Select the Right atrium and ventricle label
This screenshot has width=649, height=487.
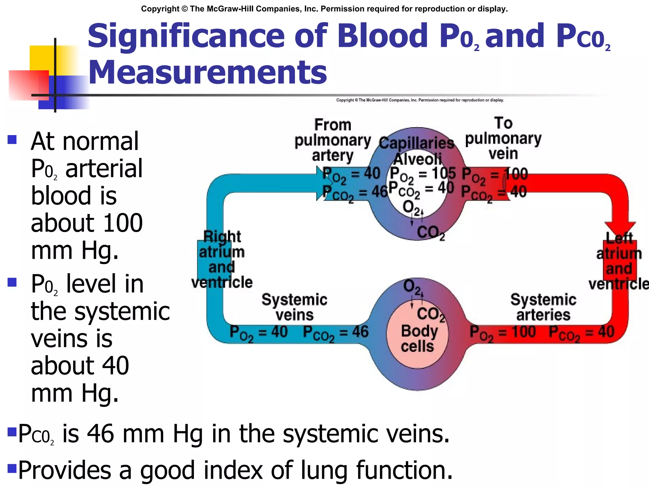(222, 259)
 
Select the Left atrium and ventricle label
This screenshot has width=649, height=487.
(619, 261)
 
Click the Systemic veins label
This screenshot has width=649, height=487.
(294, 307)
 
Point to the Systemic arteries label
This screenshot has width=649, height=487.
(543, 307)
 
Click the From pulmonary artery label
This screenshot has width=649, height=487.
(332, 140)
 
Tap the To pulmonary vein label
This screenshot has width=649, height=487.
(503, 138)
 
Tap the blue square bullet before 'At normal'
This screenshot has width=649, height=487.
(12, 140)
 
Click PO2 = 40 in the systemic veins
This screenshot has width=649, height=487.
(259, 333)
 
